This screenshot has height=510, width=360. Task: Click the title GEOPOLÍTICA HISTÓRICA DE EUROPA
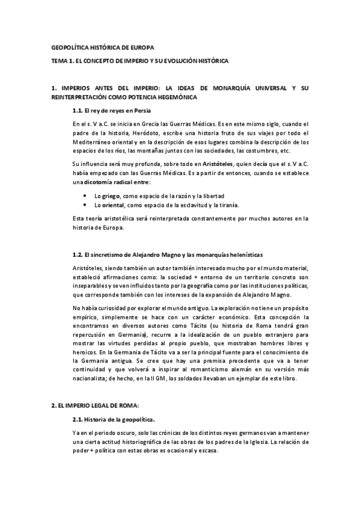tap(103, 48)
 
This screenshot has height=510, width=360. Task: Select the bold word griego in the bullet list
tap(111, 196)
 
